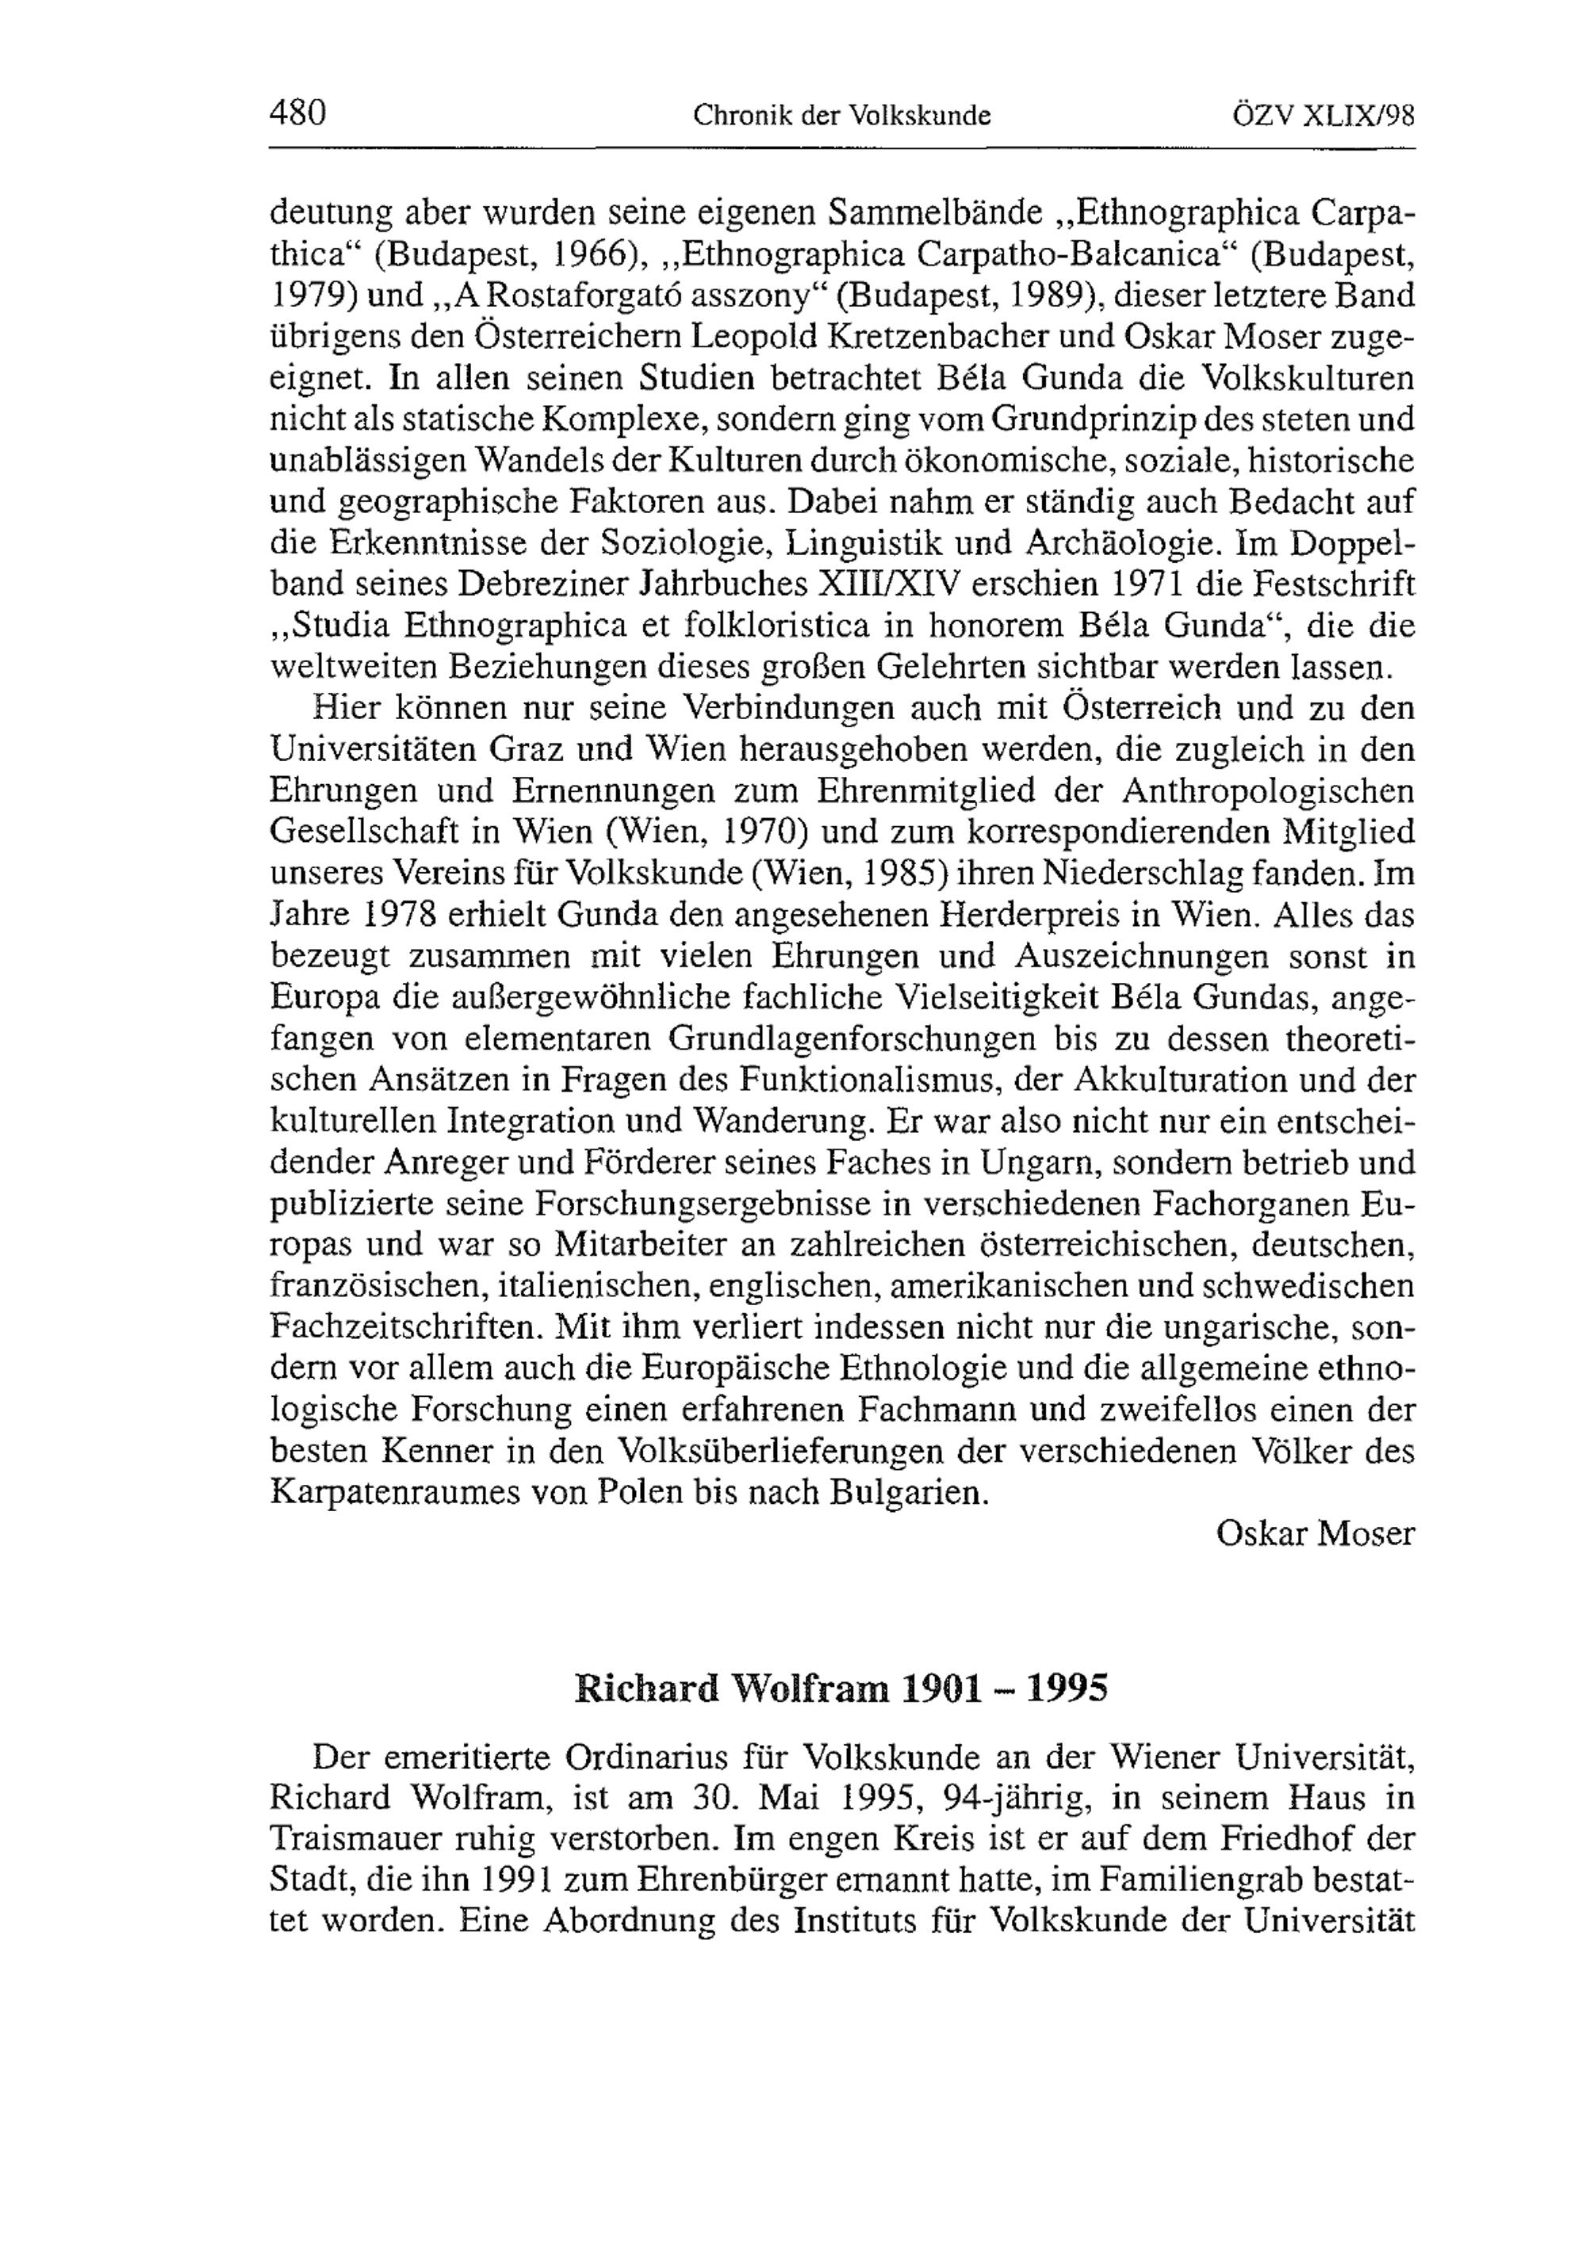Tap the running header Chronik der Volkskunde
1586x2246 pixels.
click(x=841, y=117)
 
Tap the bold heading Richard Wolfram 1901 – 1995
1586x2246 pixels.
click(x=841, y=1689)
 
